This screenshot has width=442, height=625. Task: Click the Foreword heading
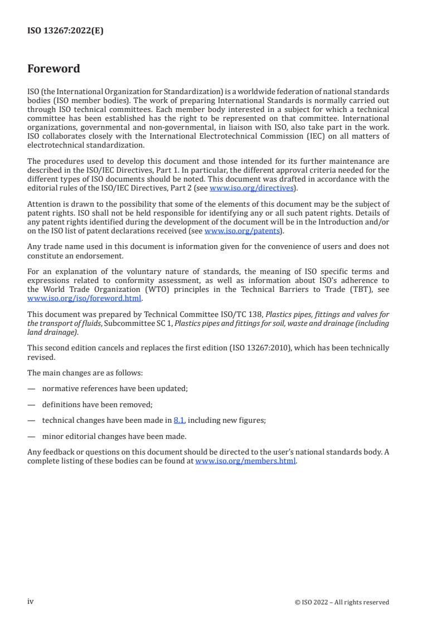(54, 69)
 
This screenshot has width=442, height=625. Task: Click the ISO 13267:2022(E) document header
(65, 31)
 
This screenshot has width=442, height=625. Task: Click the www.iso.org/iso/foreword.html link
(84, 297)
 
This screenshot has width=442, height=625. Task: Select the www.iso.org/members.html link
(245, 462)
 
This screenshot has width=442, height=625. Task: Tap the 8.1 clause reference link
(179, 421)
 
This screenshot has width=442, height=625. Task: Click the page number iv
(31, 601)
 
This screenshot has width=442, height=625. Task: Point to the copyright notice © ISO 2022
(342, 602)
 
